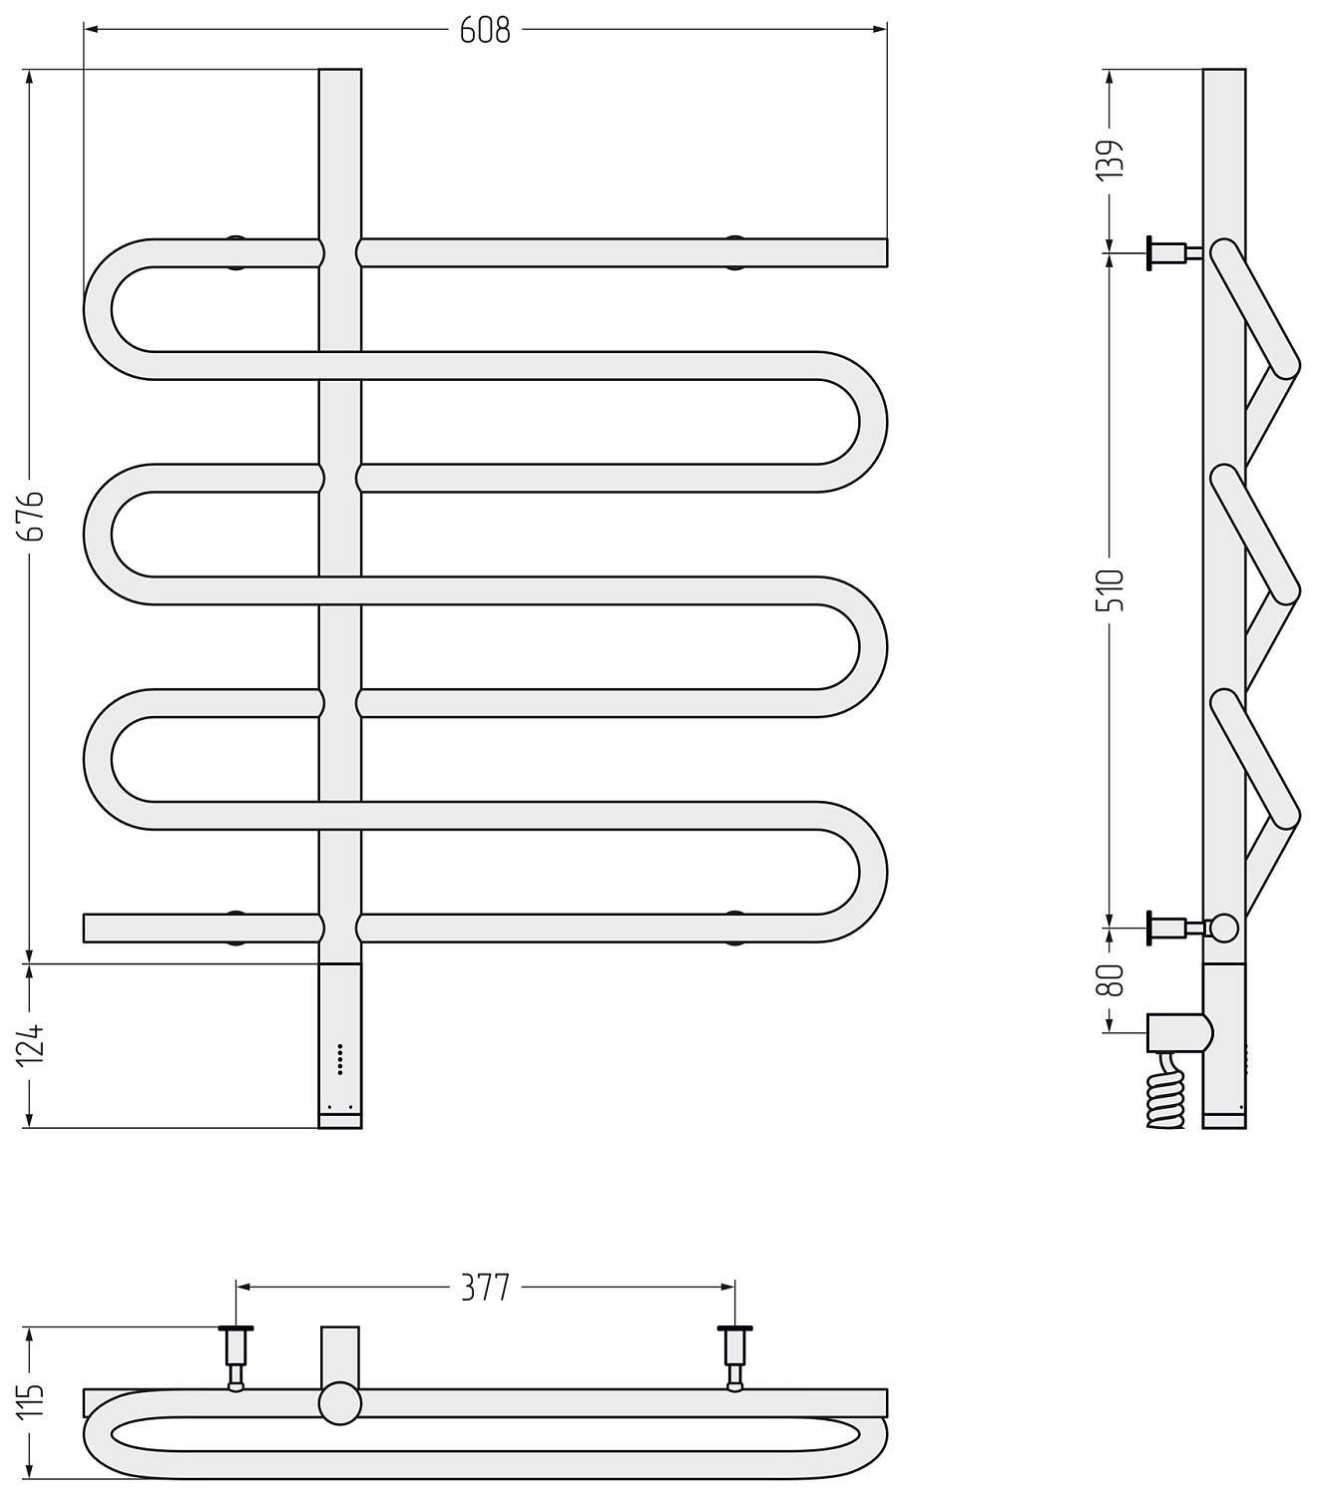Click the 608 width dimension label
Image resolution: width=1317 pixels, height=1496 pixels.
click(485, 31)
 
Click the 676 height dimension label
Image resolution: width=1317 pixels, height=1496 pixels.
click(36, 516)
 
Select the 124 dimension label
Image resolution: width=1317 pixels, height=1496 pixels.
click(32, 1045)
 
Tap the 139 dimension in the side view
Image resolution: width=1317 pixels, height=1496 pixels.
click(1110, 159)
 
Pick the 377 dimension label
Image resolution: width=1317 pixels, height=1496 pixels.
click(485, 1289)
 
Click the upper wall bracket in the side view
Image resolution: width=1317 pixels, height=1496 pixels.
click(1174, 253)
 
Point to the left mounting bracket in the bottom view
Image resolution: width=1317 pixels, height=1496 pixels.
click(235, 1358)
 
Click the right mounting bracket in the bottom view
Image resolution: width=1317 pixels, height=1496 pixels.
click(735, 1358)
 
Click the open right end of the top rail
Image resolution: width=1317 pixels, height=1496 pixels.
click(886, 252)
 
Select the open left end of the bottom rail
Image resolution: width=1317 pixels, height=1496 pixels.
click(84, 928)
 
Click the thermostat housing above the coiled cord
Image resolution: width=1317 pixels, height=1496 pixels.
click(1179, 1032)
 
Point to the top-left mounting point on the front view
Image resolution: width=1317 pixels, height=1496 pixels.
click(235, 252)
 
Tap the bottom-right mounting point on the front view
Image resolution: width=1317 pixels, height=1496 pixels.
click(735, 928)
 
